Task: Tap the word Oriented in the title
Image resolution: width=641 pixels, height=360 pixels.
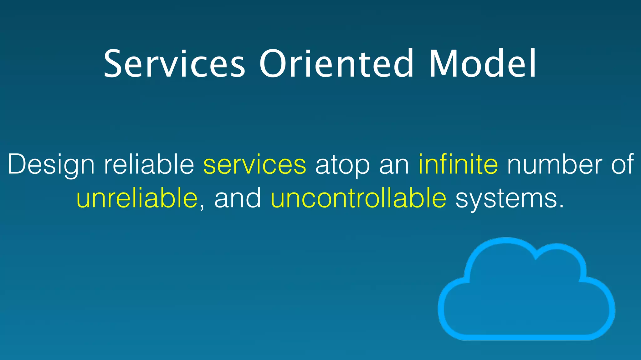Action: coord(336,64)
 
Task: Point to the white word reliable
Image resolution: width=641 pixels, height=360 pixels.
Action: coord(149,164)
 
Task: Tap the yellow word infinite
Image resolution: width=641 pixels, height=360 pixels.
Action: coord(458,164)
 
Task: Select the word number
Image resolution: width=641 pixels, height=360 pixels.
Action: coord(554,164)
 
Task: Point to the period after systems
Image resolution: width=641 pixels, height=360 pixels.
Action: coord(561,207)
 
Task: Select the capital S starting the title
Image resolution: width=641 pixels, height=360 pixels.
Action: coord(114,64)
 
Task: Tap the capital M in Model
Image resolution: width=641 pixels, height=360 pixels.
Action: coord(443,64)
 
